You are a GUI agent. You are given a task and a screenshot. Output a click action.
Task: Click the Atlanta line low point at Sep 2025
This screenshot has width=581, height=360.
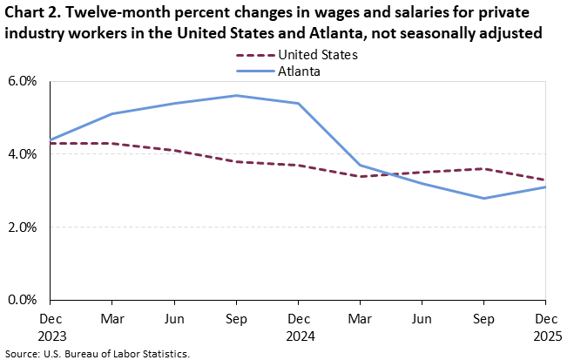click(x=484, y=198)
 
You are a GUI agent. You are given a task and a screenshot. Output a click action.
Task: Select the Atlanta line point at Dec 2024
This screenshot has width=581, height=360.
click(x=299, y=103)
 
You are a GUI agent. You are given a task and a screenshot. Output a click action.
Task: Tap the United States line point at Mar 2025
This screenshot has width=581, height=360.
click(x=361, y=176)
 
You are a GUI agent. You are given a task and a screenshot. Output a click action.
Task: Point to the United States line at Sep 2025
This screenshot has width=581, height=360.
click(x=484, y=169)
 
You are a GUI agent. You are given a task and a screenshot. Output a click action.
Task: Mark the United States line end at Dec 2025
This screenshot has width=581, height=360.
click(x=545, y=180)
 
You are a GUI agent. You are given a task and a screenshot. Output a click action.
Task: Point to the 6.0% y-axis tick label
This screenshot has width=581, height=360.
click(x=24, y=81)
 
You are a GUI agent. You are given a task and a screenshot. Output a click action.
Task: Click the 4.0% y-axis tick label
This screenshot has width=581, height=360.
click(x=24, y=154)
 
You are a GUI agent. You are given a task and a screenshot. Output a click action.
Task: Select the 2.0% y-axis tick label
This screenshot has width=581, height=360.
click(x=24, y=228)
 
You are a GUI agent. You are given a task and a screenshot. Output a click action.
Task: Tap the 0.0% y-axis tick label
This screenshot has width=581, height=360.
click(x=24, y=300)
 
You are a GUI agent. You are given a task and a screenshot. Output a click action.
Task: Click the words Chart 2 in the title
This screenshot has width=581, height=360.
click(x=32, y=14)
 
